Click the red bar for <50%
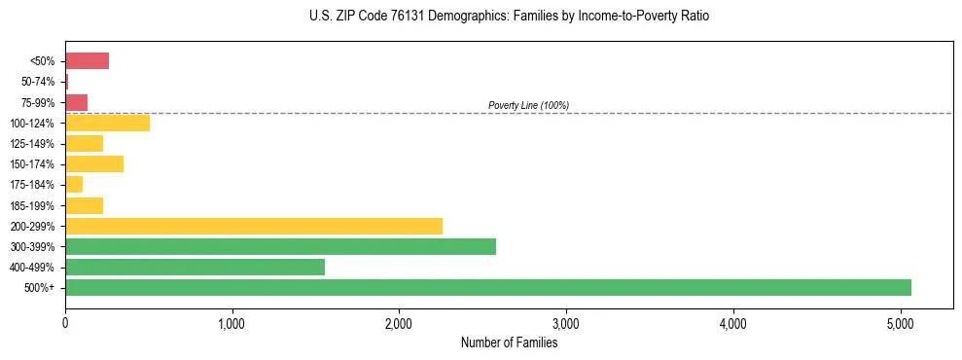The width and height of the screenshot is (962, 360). click(x=87, y=61)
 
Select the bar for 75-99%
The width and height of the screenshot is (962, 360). click(x=76, y=102)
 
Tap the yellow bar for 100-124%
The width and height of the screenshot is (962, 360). click(x=107, y=123)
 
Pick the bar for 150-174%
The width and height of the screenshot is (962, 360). click(x=94, y=164)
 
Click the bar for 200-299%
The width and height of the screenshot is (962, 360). click(x=254, y=226)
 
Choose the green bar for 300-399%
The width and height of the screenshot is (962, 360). click(x=280, y=246)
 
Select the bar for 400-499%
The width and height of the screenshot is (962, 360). click(x=195, y=267)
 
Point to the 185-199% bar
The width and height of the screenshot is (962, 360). click(x=84, y=205)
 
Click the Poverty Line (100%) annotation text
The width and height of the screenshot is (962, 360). click(x=528, y=105)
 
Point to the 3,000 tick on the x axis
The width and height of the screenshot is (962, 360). click(x=565, y=322)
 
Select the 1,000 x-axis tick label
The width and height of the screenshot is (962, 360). click(x=232, y=322)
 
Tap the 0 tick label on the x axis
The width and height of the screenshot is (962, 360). click(x=65, y=322)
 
